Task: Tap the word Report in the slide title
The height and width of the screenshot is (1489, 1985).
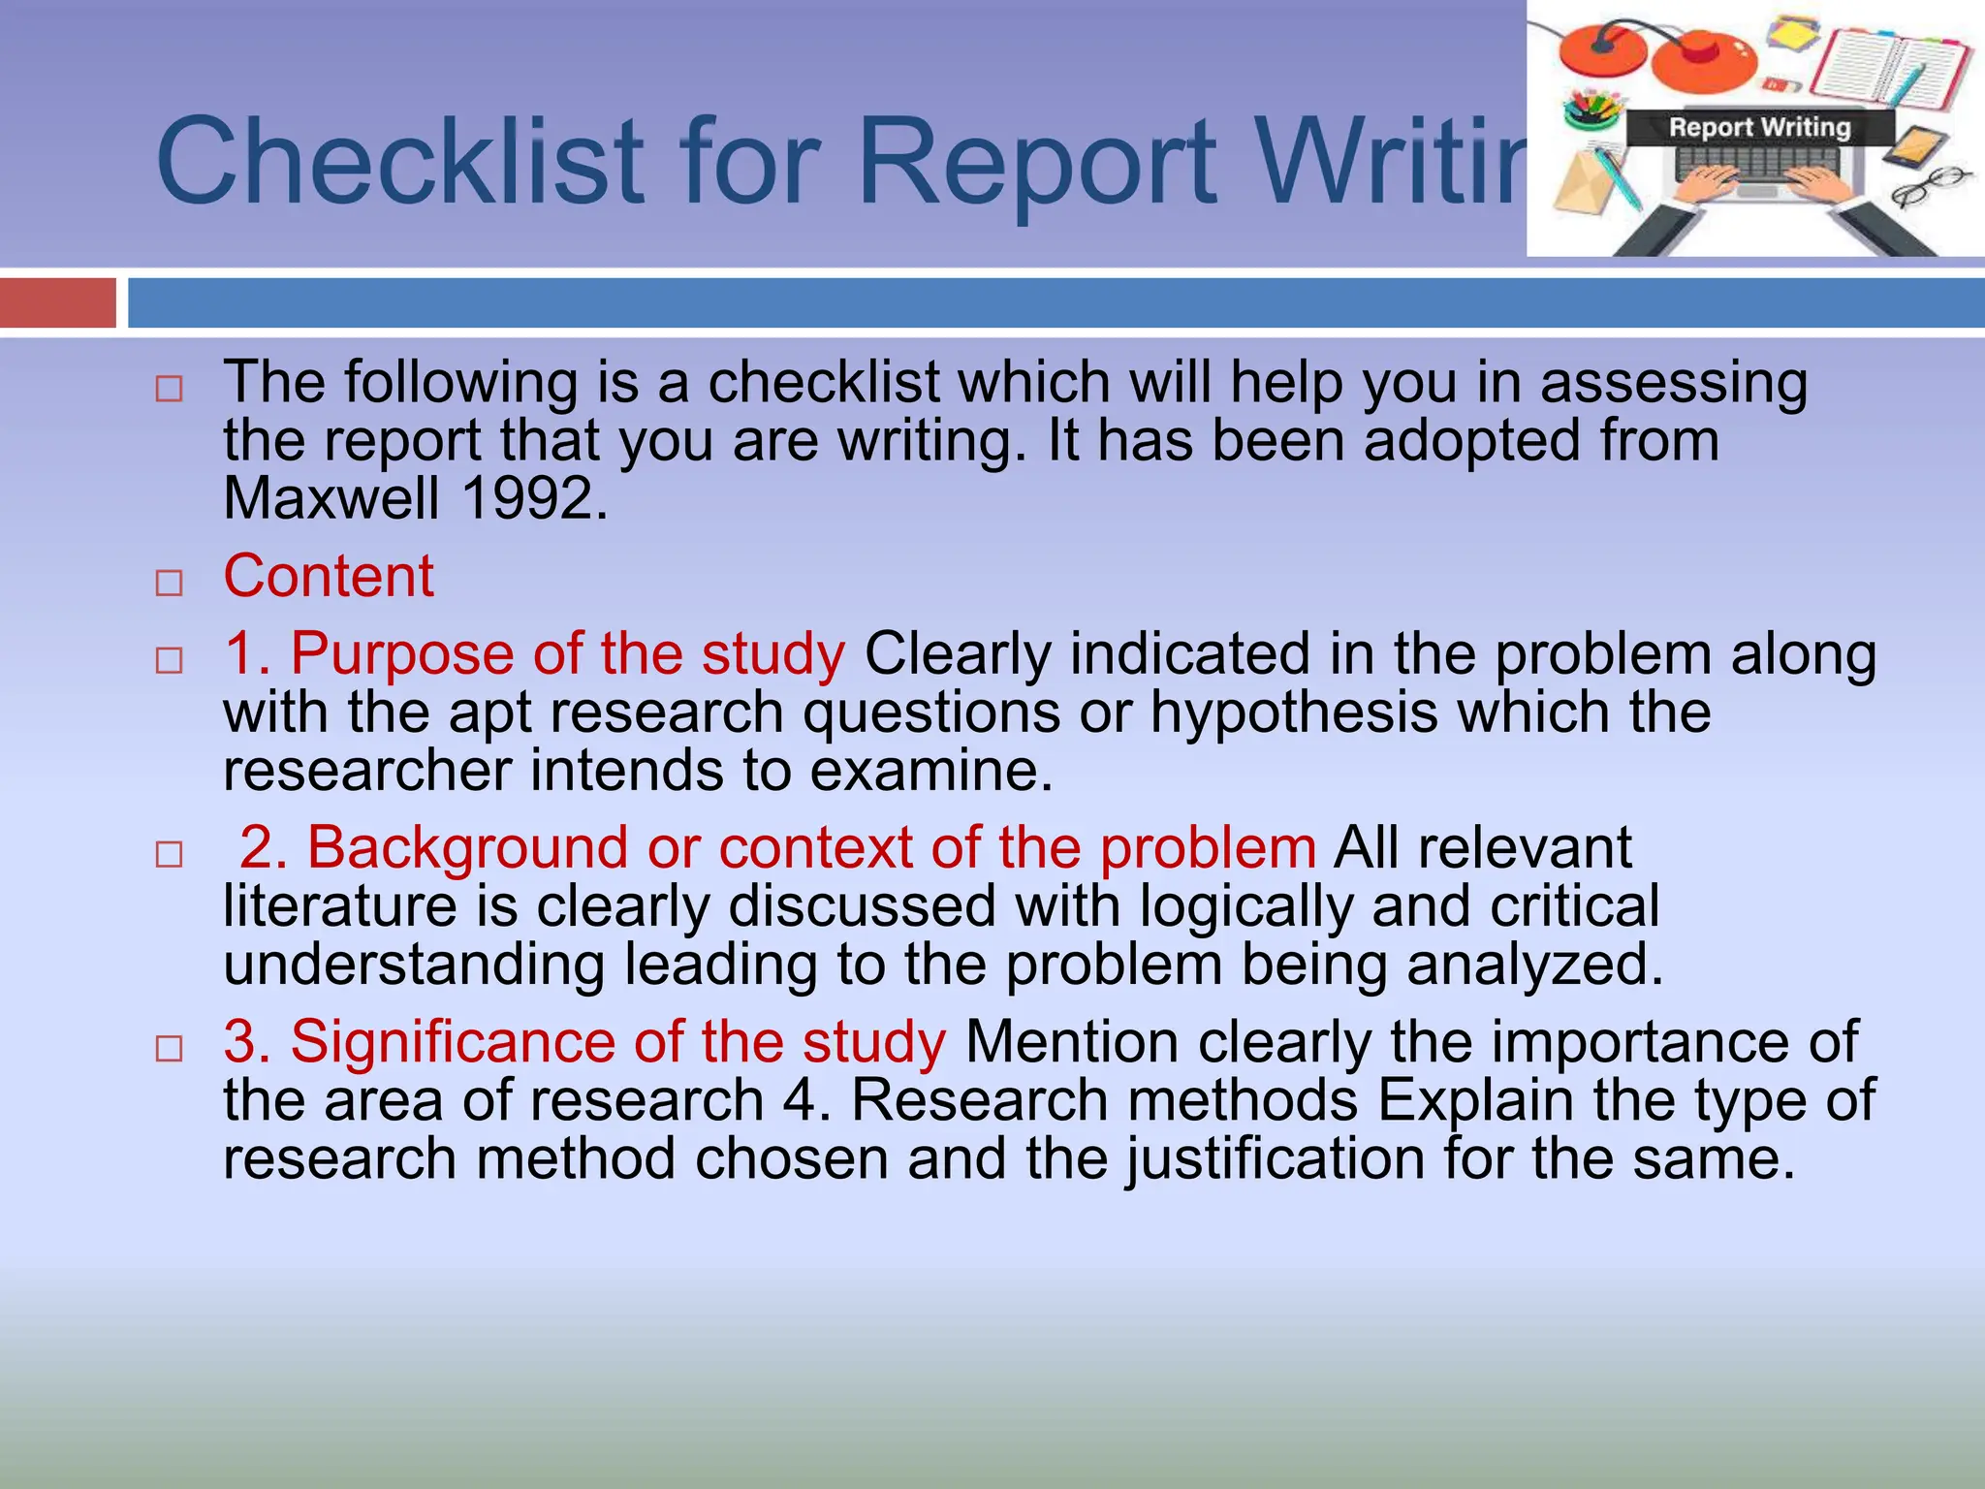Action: (1037, 161)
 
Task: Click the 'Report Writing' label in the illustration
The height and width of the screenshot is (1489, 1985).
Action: (1759, 128)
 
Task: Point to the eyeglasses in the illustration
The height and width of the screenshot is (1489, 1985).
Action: (1929, 186)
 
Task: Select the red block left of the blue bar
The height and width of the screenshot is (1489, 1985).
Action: (58, 302)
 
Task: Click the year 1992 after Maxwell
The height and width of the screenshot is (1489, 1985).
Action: (534, 498)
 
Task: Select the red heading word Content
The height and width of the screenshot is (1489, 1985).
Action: (329, 576)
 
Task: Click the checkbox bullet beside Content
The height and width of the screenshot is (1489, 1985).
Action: (170, 583)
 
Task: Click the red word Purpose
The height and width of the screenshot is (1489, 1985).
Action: (402, 653)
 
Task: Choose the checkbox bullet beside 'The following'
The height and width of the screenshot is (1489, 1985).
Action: (170, 389)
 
